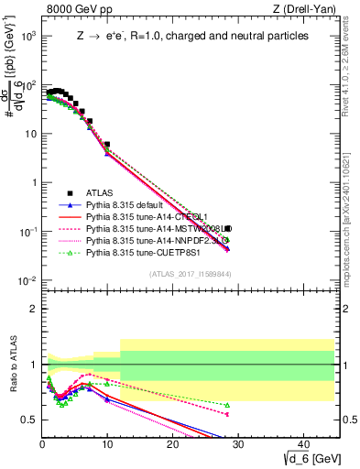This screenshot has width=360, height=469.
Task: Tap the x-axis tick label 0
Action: coord(42,442)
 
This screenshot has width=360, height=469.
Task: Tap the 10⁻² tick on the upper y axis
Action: coord(28,280)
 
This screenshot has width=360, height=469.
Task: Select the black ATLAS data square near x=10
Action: coord(107,145)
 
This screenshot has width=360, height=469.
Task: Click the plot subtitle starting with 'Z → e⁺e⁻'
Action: coord(191,36)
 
